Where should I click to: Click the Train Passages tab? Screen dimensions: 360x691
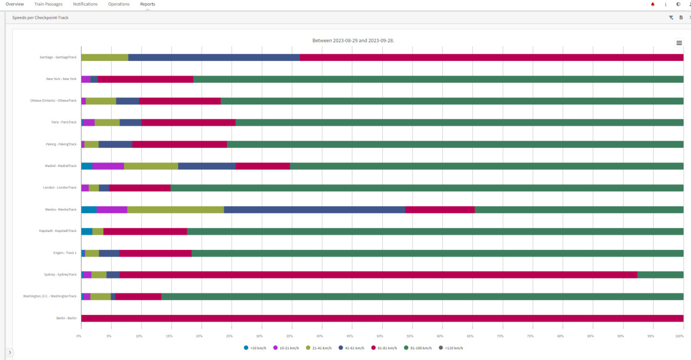48,4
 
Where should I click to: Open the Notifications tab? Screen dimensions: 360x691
85,4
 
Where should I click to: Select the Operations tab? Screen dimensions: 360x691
119,4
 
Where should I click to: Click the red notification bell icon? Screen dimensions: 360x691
653,4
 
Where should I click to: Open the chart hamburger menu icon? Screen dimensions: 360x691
679,43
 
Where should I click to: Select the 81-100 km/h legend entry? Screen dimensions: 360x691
418,348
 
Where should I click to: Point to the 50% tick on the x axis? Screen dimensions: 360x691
380,336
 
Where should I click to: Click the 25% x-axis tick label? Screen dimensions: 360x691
229,336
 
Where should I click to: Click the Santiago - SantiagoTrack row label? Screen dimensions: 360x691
58,57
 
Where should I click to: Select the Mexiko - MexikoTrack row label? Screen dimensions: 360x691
60,209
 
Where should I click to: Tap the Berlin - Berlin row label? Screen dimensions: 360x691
66,318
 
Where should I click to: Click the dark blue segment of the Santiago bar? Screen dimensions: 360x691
214,57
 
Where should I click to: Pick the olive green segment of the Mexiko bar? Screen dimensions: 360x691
176,209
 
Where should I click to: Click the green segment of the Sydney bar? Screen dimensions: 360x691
660,274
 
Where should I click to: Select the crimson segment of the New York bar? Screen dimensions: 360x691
145,79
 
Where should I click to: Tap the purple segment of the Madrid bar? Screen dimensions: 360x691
108,166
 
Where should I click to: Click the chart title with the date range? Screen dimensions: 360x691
353,40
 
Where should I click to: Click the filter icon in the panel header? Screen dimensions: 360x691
671,17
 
